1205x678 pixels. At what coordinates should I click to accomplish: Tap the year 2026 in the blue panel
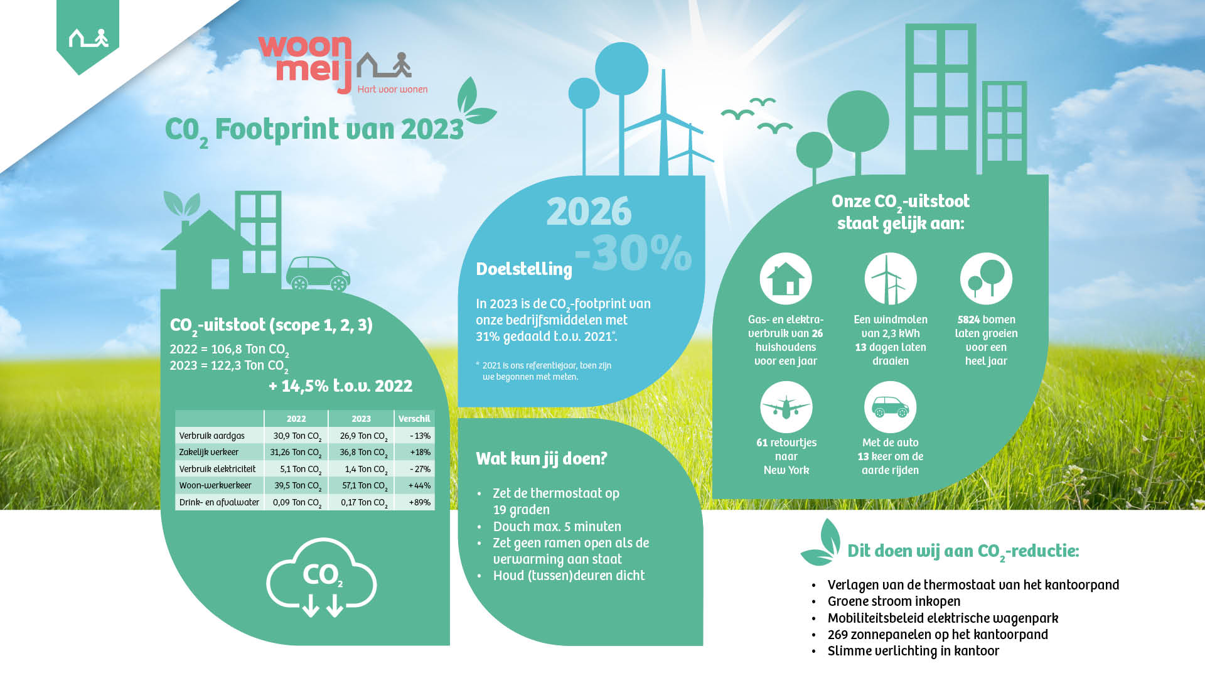pos(589,212)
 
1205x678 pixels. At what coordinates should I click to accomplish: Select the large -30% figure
pos(633,253)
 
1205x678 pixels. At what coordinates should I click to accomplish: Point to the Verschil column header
pos(414,419)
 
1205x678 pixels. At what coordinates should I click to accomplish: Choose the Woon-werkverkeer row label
pos(215,485)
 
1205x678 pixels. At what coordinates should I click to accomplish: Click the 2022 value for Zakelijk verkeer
pos(296,453)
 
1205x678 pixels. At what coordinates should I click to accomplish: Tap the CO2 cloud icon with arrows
pos(321,578)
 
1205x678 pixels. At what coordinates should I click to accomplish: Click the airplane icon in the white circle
pos(786,407)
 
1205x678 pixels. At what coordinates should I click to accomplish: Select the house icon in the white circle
pos(786,279)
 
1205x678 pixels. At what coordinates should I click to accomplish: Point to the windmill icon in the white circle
pos(891,279)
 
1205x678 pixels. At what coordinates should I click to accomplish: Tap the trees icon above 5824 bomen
pos(986,279)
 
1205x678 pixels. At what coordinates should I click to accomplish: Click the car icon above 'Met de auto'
pos(890,407)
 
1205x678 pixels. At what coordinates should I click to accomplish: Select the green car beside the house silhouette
pos(318,274)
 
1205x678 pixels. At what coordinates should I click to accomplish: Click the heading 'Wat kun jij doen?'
pos(542,459)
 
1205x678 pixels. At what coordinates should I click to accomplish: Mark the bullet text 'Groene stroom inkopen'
pos(894,601)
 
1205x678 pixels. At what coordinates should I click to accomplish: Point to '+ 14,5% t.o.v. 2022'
pos(341,386)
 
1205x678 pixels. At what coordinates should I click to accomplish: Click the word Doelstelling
pos(524,269)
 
